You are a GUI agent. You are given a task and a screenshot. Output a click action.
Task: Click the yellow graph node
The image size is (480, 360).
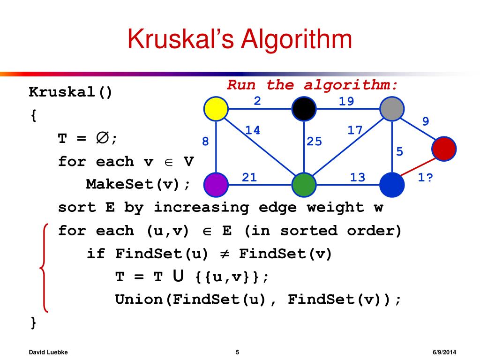point(216,109)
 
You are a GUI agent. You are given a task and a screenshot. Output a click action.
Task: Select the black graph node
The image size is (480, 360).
point(304,109)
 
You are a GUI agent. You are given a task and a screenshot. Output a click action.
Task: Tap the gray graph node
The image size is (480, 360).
point(391,109)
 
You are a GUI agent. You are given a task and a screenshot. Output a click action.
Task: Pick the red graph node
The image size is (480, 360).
point(444,148)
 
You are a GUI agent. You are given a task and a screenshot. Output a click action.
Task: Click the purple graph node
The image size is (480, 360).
point(216,184)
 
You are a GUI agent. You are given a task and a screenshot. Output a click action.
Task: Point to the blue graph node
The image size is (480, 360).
point(391,184)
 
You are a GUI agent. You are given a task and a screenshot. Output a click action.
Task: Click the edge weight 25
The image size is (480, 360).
point(315,141)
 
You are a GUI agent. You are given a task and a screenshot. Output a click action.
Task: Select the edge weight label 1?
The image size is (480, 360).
point(425,178)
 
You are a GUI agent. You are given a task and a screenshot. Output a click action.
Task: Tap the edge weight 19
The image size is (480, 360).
point(347,101)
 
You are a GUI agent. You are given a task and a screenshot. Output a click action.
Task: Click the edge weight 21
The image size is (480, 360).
point(249,177)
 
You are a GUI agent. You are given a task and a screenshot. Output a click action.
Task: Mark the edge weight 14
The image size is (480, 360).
point(253,130)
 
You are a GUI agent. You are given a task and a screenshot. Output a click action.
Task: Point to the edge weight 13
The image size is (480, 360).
point(358,177)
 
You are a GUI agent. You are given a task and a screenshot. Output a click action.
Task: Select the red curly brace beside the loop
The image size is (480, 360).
point(44,267)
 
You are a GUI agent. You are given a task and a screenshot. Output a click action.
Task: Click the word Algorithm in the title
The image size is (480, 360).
point(296,39)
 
